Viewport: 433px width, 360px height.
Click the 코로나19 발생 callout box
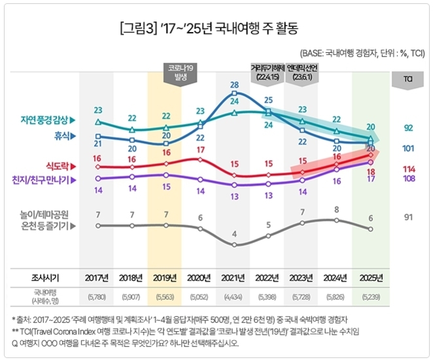click(181, 72)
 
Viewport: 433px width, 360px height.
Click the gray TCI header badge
click(407, 79)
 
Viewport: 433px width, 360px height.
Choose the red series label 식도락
click(61, 167)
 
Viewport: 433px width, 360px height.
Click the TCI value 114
click(409, 168)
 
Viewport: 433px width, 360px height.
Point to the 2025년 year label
click(371, 276)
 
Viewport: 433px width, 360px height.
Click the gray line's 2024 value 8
click(336, 209)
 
